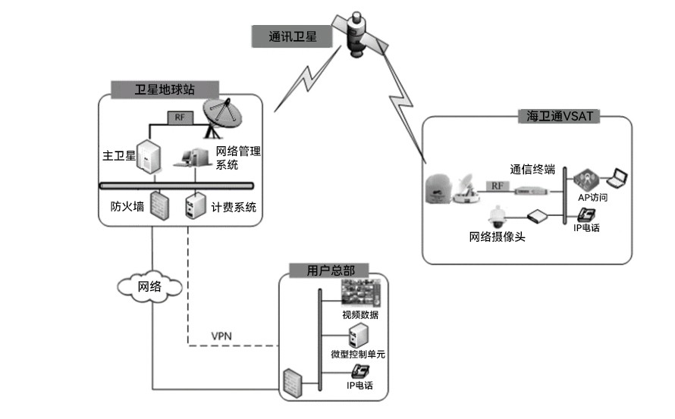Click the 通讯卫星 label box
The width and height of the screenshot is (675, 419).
click(293, 36)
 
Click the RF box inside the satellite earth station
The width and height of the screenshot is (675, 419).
click(180, 117)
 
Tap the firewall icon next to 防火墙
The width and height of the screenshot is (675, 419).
click(159, 205)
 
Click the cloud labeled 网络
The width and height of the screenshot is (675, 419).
click(150, 286)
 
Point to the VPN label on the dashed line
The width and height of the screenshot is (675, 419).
click(221, 336)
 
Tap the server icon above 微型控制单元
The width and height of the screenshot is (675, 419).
click(358, 335)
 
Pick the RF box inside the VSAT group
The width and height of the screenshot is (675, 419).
click(498, 186)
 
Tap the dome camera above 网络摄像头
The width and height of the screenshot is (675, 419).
click(498, 217)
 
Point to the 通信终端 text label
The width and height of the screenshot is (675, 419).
click(531, 170)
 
